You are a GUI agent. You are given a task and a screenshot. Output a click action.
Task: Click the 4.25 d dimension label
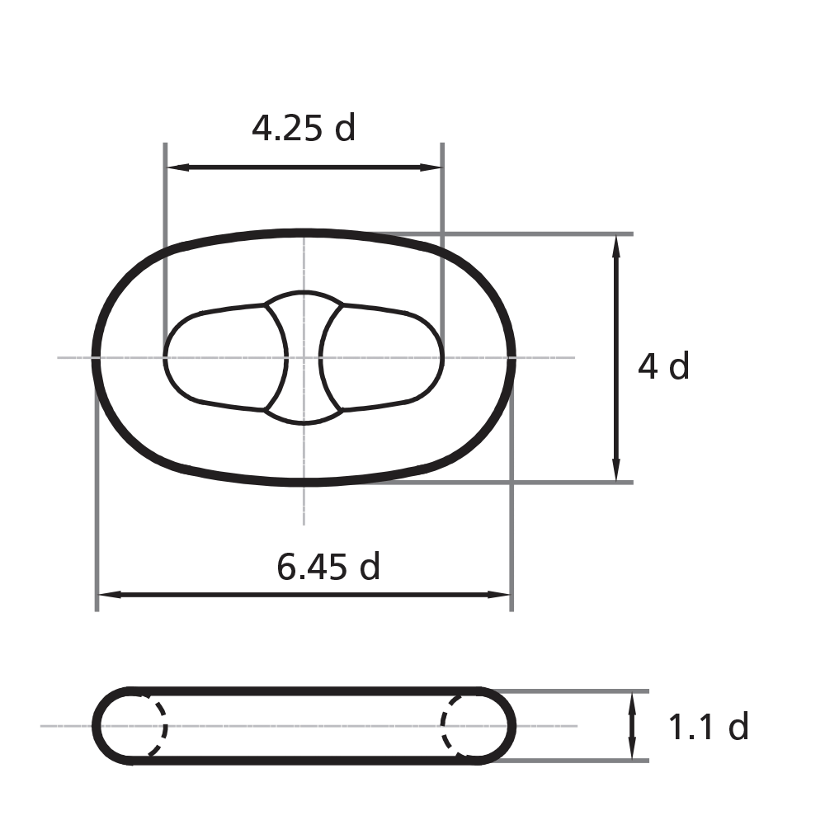pos(304,129)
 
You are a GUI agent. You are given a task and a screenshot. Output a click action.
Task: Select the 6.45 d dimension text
pos(328,567)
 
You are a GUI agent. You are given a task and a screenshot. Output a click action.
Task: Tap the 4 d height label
pos(663,365)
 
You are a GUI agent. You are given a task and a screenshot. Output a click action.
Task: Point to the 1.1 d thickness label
pos(708,727)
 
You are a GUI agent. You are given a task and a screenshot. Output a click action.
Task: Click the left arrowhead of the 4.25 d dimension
pos(173,167)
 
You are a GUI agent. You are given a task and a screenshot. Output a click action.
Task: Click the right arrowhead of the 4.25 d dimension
pos(435,167)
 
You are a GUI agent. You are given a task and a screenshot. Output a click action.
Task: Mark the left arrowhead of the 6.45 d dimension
pos(106,594)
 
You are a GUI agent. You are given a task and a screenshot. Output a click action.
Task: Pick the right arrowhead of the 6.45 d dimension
pos(503,594)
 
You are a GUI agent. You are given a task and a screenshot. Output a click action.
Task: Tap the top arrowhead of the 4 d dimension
pos(616,243)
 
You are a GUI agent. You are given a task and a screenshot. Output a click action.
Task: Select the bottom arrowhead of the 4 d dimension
pos(616,474)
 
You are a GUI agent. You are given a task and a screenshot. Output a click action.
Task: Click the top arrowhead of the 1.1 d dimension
pos(632,700)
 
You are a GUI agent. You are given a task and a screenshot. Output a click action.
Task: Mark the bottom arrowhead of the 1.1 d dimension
pos(632,752)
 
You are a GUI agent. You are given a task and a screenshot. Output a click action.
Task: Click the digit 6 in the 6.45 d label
pos(285,567)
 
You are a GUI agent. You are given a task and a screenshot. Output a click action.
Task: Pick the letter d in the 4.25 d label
pos(346,129)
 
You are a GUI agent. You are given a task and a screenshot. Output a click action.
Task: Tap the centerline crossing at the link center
pos(304,357)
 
